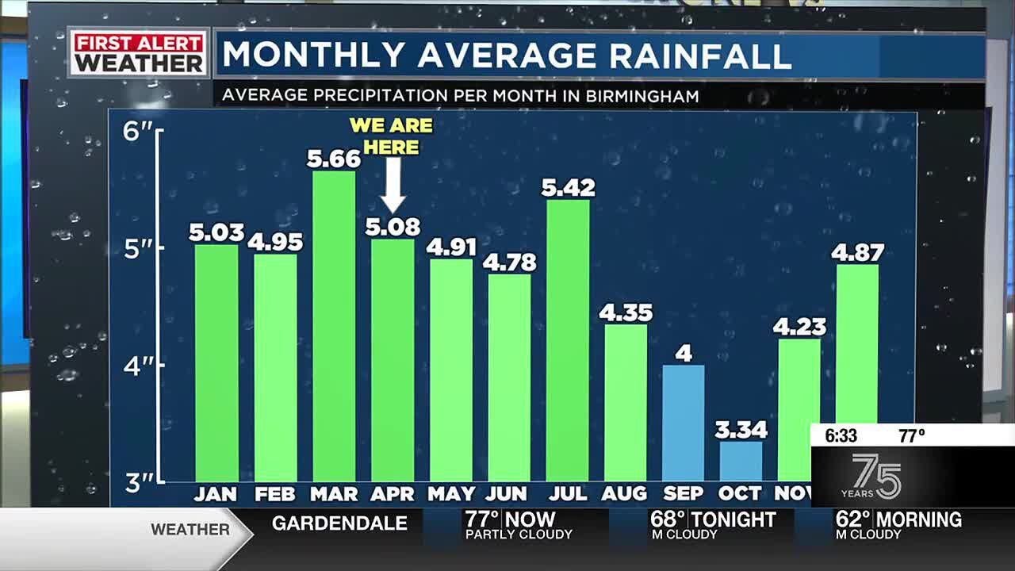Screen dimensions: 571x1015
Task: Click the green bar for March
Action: coord(334,325)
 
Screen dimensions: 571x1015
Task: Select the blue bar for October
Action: coord(741,461)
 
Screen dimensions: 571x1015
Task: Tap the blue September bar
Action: coord(683,423)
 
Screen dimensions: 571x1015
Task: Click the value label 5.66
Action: coord(334,159)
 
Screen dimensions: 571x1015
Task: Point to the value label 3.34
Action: coord(741,430)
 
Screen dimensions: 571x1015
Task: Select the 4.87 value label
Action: coord(857,253)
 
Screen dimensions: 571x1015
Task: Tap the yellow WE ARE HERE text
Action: coord(392,136)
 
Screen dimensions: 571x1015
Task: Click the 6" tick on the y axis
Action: coord(138,131)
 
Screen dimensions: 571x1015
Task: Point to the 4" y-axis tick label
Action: coord(138,366)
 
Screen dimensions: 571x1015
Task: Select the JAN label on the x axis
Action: coord(216,494)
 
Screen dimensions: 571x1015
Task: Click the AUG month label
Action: coord(624,494)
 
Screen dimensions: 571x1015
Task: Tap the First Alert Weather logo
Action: coord(139,53)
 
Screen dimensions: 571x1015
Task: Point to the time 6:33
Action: coord(841,435)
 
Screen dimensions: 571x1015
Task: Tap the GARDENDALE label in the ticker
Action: coord(339,523)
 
